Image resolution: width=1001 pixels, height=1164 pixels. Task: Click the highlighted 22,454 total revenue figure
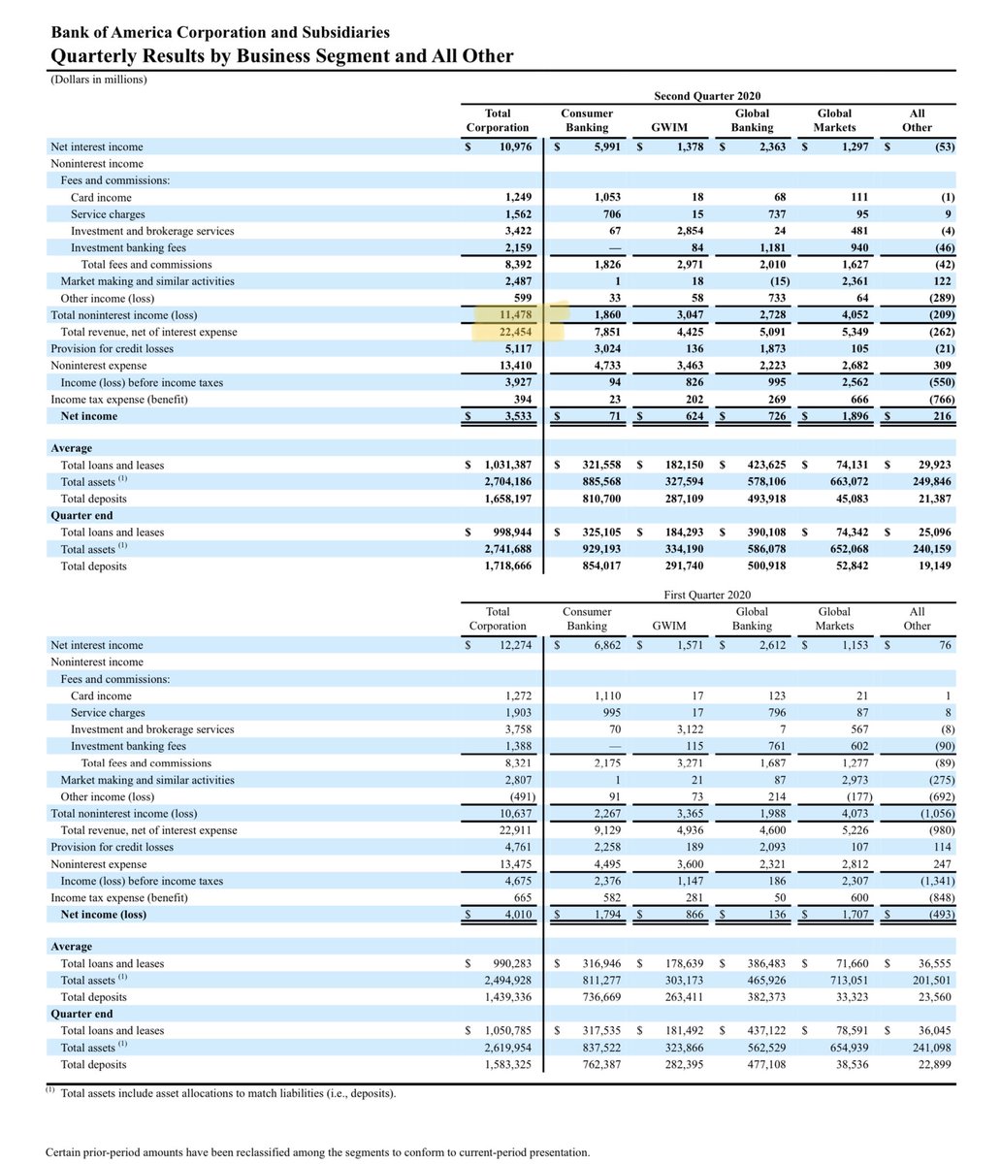pos(514,333)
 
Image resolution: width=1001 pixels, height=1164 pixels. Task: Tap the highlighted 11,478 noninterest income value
pos(514,315)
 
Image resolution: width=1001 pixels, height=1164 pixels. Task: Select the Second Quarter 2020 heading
pos(707,96)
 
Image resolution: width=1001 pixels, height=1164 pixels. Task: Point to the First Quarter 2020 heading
pos(707,595)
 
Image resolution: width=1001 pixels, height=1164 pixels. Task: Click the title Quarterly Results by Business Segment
pos(282,56)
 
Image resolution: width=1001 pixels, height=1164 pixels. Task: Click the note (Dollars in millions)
pos(99,80)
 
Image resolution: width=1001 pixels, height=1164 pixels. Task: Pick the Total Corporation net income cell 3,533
pos(516,416)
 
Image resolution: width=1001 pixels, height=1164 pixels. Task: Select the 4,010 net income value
pos(516,915)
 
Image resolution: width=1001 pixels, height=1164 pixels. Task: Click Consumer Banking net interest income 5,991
pos(602,146)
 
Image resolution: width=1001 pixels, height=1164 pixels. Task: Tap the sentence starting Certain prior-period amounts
pos(317,1152)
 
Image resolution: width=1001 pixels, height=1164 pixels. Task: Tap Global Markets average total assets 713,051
pos(846,981)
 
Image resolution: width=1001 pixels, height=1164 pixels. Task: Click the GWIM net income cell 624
pos(691,416)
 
